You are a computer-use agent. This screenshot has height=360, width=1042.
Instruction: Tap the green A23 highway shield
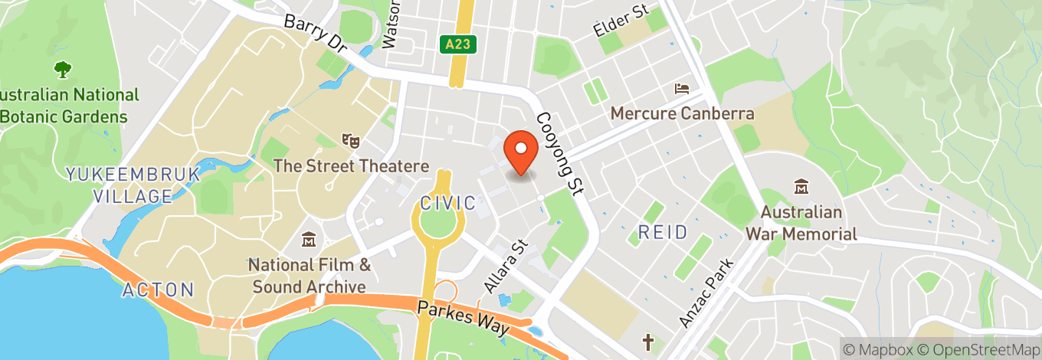tap(457, 45)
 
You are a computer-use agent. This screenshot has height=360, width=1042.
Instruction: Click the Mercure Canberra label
tap(682, 113)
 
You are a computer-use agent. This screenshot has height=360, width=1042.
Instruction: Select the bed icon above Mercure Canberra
tap(681, 90)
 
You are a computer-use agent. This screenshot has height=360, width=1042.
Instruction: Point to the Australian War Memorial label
tap(801, 223)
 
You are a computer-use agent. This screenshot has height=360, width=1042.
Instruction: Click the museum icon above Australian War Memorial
tap(801, 187)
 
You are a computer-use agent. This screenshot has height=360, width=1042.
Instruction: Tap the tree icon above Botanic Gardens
tap(62, 70)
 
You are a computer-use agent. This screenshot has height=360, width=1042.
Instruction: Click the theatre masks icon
tap(351, 140)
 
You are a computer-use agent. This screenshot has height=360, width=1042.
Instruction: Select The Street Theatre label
tap(351, 165)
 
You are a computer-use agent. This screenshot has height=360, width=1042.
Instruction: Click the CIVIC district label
tap(448, 203)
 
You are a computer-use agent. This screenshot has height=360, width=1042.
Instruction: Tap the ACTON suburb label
tap(159, 290)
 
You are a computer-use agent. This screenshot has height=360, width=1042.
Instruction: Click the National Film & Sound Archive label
tap(310, 276)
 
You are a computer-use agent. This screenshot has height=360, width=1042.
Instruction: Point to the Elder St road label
tap(621, 21)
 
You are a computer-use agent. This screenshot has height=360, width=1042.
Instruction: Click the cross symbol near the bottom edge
tap(648, 342)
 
